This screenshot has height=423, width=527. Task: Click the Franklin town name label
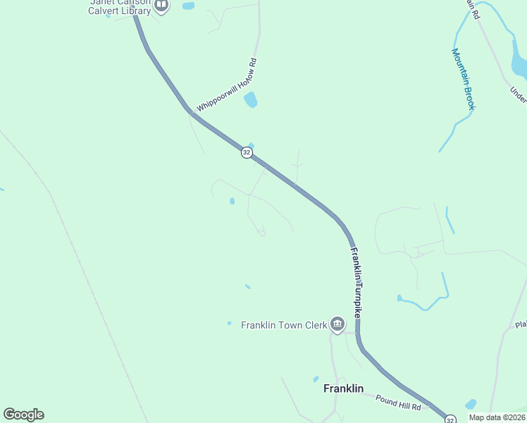click(343, 388)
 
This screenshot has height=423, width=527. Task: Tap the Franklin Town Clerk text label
click(284, 325)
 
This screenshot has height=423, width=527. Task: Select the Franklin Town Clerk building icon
click(337, 324)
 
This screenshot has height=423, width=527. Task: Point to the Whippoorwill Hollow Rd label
click(227, 84)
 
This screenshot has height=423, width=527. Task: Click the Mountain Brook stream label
click(464, 79)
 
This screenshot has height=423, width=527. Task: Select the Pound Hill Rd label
click(397, 403)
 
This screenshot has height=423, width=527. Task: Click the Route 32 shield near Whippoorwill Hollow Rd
click(246, 152)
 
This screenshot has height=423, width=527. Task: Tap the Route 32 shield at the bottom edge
click(449, 419)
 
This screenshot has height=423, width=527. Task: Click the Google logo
click(23, 415)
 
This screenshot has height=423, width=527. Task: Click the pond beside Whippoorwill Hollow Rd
click(250, 100)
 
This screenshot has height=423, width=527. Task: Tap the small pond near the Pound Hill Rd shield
click(471, 404)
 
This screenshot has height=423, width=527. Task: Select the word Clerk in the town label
click(316, 325)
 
